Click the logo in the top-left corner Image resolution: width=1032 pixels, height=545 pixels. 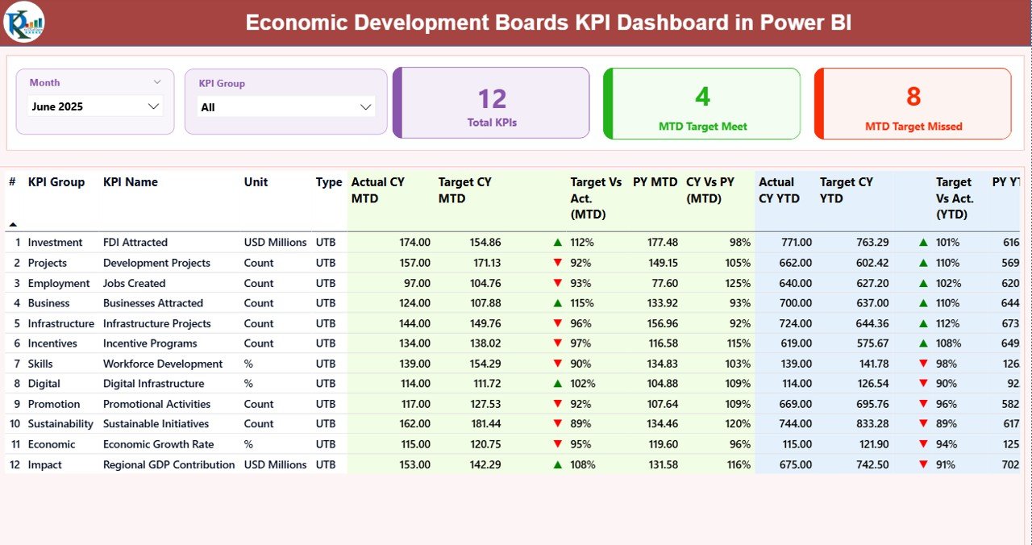coord(24,23)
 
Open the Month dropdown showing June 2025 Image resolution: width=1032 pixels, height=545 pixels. coord(95,106)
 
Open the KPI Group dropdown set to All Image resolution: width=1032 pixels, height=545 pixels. coord(285,107)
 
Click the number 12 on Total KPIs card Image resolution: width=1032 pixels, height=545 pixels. coord(492,99)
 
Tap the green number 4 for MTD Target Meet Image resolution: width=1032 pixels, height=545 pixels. coord(702,97)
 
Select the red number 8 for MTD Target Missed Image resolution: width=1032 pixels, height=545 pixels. coord(913,97)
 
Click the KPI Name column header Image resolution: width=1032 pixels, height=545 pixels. coord(131,182)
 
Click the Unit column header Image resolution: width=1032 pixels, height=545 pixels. coord(256,182)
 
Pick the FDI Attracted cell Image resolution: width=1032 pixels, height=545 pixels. coord(135,243)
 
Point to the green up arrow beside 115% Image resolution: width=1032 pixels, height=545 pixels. coord(557,303)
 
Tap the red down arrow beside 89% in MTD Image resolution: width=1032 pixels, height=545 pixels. coord(557,424)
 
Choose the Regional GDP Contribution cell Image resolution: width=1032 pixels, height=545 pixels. coord(169,465)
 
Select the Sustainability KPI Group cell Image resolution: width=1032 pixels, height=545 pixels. coord(60,424)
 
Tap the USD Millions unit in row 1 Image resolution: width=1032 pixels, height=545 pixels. coord(275,243)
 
